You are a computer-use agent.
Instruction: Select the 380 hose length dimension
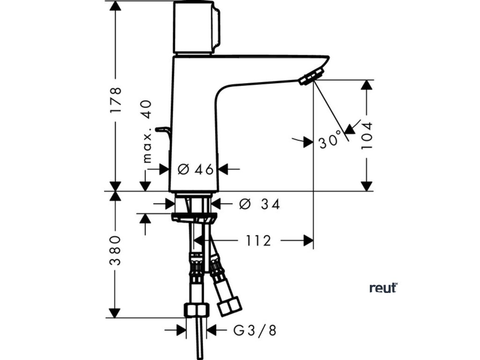(x=115, y=250)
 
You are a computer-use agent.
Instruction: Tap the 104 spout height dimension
(x=367, y=135)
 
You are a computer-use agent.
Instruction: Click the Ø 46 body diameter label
(x=196, y=169)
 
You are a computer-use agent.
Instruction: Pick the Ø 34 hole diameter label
(x=259, y=204)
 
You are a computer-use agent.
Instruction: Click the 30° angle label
(x=330, y=141)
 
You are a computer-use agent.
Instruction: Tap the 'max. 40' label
(x=147, y=131)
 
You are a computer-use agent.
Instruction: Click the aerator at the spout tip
(x=311, y=76)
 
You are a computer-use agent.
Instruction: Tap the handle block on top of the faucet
(x=196, y=27)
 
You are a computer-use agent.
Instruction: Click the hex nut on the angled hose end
(x=230, y=306)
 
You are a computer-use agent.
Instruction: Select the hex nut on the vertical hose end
(x=196, y=310)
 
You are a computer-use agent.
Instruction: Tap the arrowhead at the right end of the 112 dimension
(x=308, y=240)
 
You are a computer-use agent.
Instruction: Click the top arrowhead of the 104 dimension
(x=367, y=85)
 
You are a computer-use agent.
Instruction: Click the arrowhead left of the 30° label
(x=307, y=142)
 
